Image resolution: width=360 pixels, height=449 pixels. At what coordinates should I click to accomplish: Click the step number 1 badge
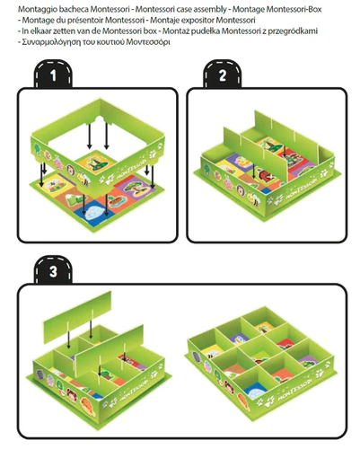(x=53, y=74)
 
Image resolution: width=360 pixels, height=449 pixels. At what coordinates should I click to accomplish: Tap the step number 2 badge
(x=223, y=74)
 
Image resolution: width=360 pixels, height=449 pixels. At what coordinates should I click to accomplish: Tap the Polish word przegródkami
(x=293, y=31)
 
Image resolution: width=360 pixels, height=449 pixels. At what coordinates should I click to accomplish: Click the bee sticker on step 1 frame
(x=83, y=178)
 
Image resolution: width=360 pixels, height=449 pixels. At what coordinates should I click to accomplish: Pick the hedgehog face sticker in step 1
(x=71, y=170)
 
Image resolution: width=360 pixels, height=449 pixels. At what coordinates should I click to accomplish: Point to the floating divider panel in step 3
(x=77, y=317)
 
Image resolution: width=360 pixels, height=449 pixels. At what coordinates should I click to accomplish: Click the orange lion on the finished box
(x=243, y=401)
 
